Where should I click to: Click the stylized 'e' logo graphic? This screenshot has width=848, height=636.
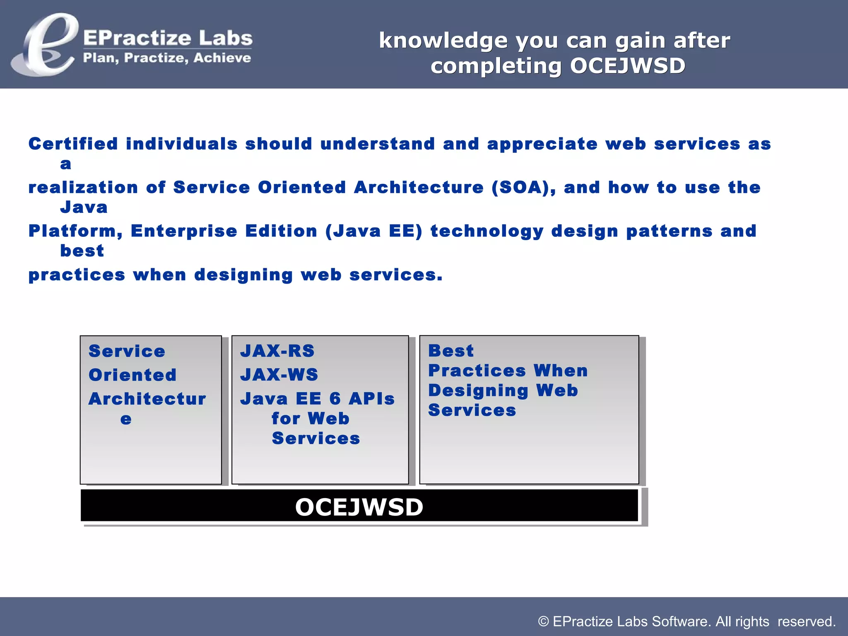point(45,45)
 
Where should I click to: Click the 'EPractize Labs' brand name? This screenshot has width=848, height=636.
point(168,38)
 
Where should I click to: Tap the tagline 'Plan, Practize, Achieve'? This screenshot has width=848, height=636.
point(167,58)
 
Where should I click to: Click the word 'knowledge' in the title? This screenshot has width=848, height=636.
point(443,41)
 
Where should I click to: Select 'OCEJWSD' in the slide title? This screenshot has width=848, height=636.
point(628,66)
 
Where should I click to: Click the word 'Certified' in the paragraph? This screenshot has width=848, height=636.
point(73,144)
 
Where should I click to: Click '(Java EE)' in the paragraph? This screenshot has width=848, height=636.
point(374,231)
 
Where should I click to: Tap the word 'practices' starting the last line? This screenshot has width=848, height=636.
point(77,275)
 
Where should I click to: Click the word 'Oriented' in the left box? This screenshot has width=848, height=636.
point(132,375)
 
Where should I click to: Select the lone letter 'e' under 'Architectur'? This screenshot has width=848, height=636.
point(126,419)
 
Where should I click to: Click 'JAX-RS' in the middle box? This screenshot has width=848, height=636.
point(277,351)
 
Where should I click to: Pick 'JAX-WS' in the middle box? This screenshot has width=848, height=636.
point(279,375)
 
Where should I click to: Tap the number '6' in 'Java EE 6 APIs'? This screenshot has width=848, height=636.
point(335,399)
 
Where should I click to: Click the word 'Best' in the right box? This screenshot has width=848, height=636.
point(451,351)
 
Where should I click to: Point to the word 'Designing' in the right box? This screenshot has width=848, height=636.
point(478,390)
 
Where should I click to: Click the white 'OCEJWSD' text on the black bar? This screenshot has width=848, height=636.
point(359,507)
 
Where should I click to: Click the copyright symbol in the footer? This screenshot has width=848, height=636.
point(543,622)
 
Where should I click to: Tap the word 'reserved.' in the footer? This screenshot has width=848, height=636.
point(806,622)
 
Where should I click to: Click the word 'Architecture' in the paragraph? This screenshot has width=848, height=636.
point(419,188)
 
